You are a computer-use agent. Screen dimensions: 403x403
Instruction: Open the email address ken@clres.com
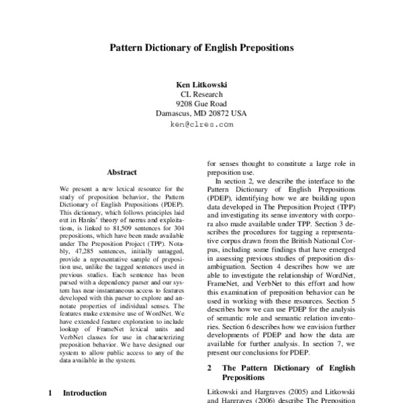(x=201, y=124)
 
